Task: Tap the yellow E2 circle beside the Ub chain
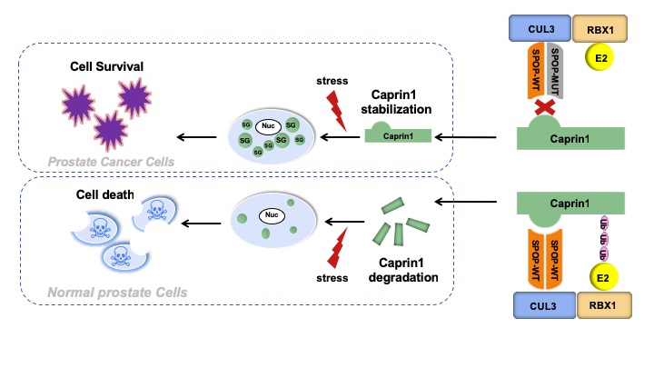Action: tap(600, 275)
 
